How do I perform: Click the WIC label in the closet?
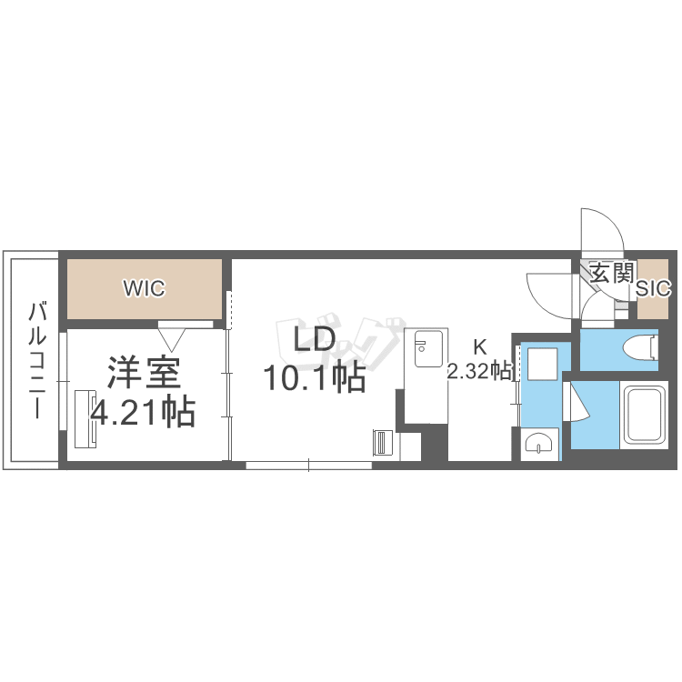(x=144, y=288)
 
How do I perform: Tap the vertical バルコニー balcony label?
(x=37, y=361)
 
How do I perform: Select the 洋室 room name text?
(x=145, y=373)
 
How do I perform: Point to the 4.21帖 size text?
(x=143, y=411)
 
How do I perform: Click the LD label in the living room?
(x=315, y=339)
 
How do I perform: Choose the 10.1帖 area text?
(x=315, y=377)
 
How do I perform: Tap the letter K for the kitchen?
(x=480, y=347)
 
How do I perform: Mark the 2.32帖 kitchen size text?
(x=480, y=371)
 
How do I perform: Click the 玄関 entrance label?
(x=612, y=273)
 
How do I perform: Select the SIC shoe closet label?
(x=653, y=288)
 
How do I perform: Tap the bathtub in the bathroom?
(x=644, y=415)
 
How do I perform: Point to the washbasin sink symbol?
(x=539, y=444)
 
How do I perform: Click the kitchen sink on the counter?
(x=428, y=349)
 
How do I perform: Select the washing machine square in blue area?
(x=542, y=364)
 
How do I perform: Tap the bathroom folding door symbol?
(x=575, y=401)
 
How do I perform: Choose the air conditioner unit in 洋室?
(x=85, y=419)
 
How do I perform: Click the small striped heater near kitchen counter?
(x=383, y=443)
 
